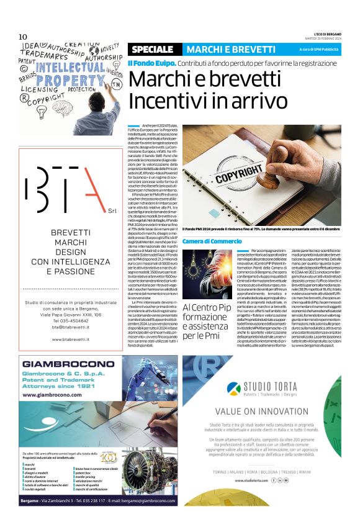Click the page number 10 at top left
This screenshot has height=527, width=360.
[23, 37]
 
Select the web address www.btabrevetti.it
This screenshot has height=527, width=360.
[65, 340]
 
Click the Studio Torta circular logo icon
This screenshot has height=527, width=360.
[234, 371]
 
